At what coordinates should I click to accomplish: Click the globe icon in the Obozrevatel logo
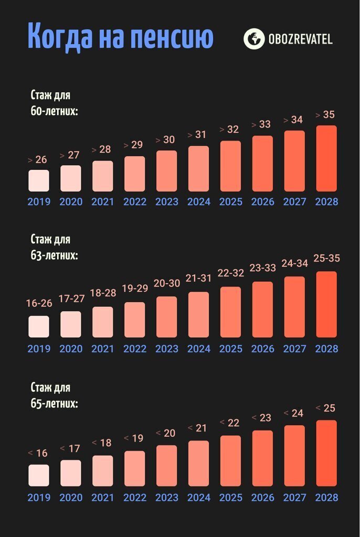coord(254,39)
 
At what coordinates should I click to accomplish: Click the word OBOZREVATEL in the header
coord(300,39)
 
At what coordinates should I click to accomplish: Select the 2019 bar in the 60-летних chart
coord(38,180)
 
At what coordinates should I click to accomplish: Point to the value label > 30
coord(166,140)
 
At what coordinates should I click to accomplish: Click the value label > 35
coord(325,115)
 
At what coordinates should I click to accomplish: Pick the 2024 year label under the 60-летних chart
coord(198,202)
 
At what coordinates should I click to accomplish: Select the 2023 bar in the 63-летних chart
coord(166,317)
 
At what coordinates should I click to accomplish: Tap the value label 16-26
coord(38,304)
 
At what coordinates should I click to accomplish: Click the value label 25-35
coord(326,259)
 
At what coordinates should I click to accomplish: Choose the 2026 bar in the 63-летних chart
coord(262,309)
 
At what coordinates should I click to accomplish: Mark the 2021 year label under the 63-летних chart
coord(102,349)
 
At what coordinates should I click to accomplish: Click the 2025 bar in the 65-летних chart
coord(230,460)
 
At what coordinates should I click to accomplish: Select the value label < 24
coord(294,413)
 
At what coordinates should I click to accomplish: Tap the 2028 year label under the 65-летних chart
coord(326,498)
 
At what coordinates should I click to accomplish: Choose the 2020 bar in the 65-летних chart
coord(70,473)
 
